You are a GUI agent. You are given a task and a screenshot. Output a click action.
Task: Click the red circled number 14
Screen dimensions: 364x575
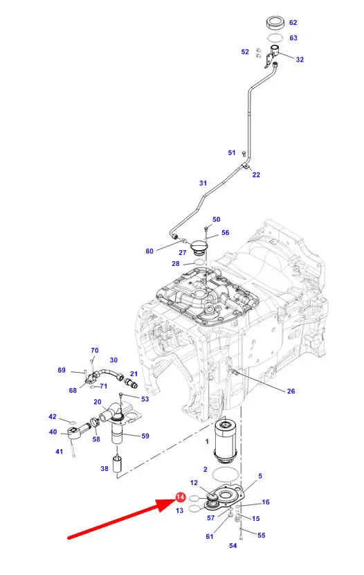pos(181,497)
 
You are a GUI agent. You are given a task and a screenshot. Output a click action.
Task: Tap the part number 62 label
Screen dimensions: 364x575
pos(293,22)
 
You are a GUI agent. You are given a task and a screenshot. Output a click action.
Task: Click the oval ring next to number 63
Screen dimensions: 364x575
pos(275,37)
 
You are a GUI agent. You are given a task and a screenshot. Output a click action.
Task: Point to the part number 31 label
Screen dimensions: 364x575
pos(203,183)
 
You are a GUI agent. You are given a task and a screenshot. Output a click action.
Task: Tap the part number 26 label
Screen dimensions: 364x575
pos(291,391)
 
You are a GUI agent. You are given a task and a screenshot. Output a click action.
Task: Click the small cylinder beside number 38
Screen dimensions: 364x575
pos(117,463)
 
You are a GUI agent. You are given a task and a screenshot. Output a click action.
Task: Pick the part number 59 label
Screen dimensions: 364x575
pos(145,436)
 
